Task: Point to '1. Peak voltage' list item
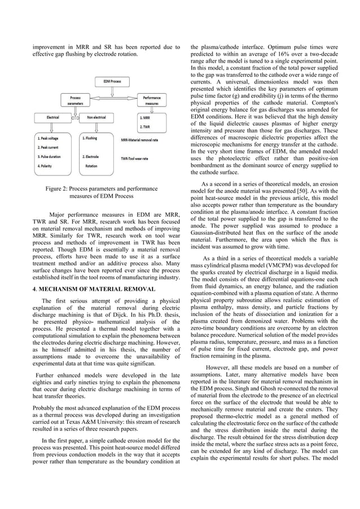pyautogui.click(x=50, y=138)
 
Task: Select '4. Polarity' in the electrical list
pyautogui.click(x=46, y=166)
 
